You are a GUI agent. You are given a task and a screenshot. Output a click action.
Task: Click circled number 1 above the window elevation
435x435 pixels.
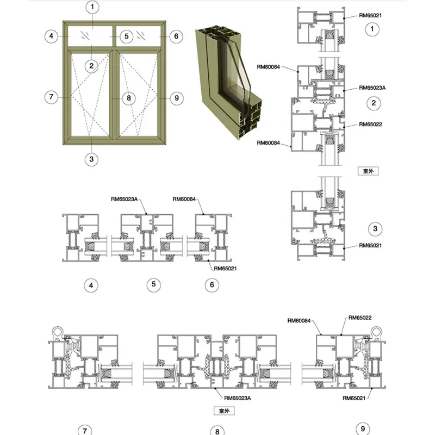[93, 8]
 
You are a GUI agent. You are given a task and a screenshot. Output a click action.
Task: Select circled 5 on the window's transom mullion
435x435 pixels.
[126, 36]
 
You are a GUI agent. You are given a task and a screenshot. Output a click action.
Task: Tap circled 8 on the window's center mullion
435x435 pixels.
[128, 98]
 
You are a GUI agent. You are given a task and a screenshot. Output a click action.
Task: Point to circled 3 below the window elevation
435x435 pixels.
[92, 159]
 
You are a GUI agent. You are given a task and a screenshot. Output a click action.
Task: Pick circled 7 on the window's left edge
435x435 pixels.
[51, 98]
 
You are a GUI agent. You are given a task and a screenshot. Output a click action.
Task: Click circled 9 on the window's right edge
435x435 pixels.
[176, 98]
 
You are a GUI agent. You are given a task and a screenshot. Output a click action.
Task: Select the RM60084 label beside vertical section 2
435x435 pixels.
[269, 142]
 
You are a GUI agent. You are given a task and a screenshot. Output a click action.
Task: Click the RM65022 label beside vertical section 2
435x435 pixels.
[370, 124]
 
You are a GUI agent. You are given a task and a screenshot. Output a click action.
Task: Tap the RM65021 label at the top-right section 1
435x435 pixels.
[370, 16]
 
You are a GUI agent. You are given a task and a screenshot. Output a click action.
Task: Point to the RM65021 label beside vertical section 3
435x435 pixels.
[370, 245]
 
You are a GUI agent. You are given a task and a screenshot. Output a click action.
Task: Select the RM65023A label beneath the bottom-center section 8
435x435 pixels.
[238, 398]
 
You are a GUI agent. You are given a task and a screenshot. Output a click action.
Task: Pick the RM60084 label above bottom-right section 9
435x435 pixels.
[299, 320]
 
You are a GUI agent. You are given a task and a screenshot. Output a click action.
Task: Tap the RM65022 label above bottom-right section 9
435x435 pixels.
[359, 318]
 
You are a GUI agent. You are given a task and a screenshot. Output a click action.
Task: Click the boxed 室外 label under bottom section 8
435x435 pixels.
[223, 411]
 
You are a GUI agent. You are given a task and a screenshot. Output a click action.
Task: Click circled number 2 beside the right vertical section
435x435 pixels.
[372, 103]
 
